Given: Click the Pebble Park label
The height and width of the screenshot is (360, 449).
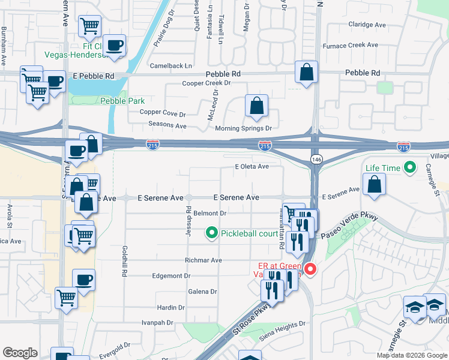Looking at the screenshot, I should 122,101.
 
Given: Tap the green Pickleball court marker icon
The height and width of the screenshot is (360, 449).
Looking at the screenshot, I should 211,233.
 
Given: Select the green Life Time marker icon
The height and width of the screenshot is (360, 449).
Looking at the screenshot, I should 411,168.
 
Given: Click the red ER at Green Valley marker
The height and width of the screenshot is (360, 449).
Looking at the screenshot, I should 310,269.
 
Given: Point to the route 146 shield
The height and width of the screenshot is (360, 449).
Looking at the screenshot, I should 316,158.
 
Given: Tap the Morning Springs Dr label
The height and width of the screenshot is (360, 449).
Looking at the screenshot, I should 244,128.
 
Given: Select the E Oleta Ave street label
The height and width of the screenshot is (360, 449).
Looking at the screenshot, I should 252,167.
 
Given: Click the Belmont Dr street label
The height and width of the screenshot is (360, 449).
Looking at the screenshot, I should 209,213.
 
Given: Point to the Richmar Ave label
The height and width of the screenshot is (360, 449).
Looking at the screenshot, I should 204,260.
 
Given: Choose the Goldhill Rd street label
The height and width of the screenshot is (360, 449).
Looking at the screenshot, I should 125,260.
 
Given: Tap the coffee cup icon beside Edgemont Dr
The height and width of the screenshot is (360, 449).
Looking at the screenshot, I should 83,279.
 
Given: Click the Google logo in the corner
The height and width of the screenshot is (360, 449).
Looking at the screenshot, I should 20,353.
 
